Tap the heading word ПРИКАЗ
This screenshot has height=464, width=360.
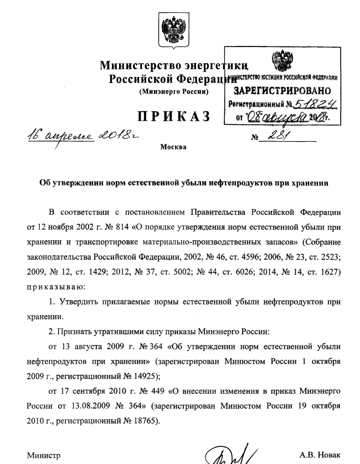[x=172, y=116]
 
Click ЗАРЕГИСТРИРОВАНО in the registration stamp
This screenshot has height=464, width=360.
[x=283, y=91]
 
